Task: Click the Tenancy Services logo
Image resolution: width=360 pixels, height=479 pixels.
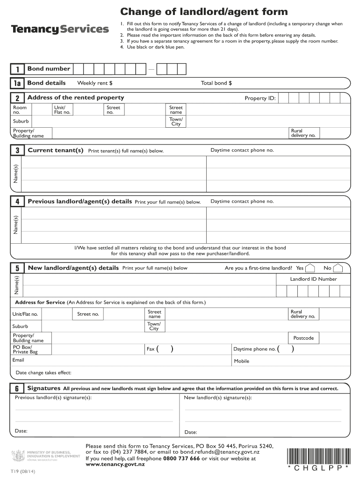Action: click(60, 29)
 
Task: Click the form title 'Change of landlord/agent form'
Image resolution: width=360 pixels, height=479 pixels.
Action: click(204, 12)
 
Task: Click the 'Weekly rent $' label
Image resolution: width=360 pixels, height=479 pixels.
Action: click(94, 83)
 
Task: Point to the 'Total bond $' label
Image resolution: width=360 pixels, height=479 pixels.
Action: click(216, 83)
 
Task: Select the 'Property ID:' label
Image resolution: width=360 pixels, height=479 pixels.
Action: click(260, 98)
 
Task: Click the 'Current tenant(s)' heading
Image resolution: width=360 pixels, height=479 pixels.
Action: click(56, 150)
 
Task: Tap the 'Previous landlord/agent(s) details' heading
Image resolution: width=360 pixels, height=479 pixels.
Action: click(79, 202)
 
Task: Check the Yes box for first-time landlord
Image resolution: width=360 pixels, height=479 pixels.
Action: click(311, 268)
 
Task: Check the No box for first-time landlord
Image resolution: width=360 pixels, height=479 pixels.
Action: click(338, 268)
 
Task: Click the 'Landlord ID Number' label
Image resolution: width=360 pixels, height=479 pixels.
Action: click(313, 279)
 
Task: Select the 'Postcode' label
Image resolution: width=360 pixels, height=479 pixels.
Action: click(303, 338)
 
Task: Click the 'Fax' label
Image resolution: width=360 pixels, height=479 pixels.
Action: click(151, 349)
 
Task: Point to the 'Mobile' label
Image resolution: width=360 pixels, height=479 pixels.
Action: click(241, 361)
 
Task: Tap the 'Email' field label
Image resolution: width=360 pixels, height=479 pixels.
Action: click(18, 360)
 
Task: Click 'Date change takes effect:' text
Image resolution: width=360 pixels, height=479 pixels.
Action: click(43, 373)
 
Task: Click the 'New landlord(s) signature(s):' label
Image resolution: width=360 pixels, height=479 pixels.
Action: click(218, 398)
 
